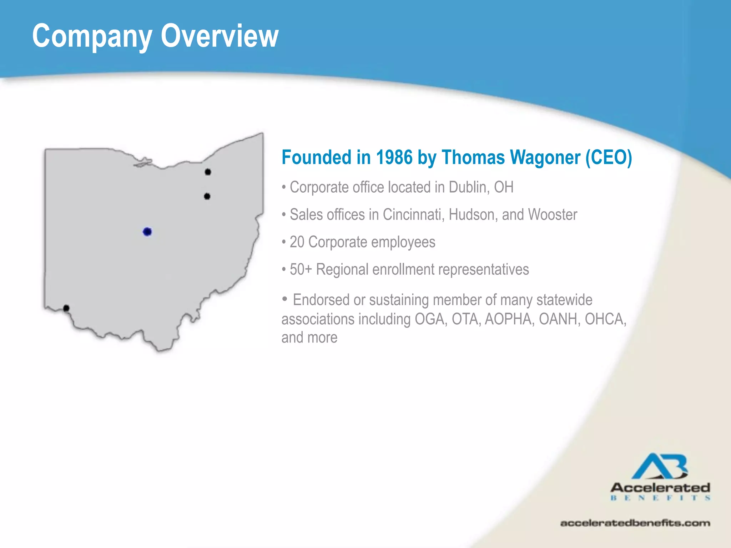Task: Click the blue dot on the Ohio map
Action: click(147, 232)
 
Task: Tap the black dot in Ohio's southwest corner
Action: click(66, 308)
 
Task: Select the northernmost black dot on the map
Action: click(208, 172)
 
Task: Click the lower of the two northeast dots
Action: click(207, 196)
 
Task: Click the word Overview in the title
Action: click(220, 36)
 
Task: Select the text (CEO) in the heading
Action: click(609, 157)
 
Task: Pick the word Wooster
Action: click(553, 214)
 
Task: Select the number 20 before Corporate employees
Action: click(297, 242)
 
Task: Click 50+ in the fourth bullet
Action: click(301, 269)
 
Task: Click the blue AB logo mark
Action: click(660, 466)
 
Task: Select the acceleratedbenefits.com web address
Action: click(635, 523)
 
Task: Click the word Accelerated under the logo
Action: click(660, 487)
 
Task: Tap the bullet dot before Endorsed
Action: click(284, 299)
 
